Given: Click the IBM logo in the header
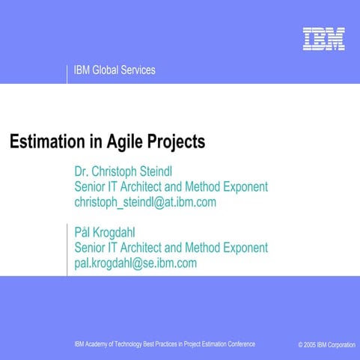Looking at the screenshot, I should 324,39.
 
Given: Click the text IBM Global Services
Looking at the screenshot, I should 115,70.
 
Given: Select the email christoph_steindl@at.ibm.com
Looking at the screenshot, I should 145,202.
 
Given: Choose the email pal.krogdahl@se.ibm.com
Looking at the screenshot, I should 135,263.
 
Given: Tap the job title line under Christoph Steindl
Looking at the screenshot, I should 171,186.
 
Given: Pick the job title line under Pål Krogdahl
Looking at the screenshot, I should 171,248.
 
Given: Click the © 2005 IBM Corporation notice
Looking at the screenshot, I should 326,344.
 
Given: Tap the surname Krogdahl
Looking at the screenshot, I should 120,232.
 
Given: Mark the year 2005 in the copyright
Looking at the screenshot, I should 312,344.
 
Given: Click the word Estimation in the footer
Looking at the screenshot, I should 211,344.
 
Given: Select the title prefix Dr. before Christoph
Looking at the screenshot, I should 82,171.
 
